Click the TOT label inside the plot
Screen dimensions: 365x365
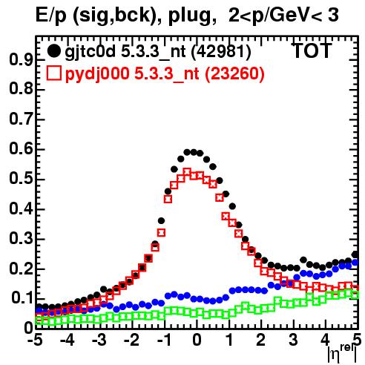click(x=312, y=51)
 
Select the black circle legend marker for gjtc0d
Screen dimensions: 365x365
click(x=53, y=51)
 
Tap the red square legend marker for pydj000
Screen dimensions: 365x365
click(x=53, y=73)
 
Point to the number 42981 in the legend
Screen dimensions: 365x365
click(x=221, y=51)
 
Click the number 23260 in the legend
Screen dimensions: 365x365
click(x=235, y=73)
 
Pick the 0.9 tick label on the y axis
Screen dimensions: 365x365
click(x=21, y=59)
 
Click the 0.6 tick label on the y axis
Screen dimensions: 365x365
click(x=21, y=149)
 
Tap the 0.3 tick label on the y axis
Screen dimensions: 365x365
click(x=21, y=239)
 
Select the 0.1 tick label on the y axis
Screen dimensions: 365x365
click(x=22, y=298)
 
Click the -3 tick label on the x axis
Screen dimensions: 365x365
click(x=99, y=340)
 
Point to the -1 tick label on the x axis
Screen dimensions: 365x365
click(x=164, y=340)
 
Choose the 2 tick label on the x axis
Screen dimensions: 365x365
click(x=261, y=340)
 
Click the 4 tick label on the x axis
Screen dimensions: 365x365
click(x=326, y=340)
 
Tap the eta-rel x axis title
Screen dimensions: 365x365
click(x=342, y=354)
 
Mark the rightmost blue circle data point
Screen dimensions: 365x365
click(x=355, y=262)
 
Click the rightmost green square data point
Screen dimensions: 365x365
click(x=355, y=295)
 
